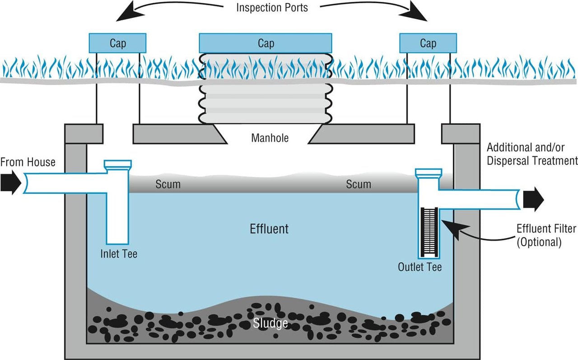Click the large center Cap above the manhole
click(x=266, y=43)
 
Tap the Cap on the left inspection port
click(x=117, y=43)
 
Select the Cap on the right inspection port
click(x=428, y=43)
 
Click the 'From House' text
click(x=28, y=162)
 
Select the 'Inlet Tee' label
click(x=118, y=254)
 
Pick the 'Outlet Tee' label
click(x=420, y=267)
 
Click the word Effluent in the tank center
click(x=269, y=229)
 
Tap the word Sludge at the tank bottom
click(x=270, y=323)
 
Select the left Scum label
click(x=168, y=184)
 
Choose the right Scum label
click(x=359, y=184)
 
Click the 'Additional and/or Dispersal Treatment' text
click(x=532, y=154)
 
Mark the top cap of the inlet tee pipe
click(x=118, y=164)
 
